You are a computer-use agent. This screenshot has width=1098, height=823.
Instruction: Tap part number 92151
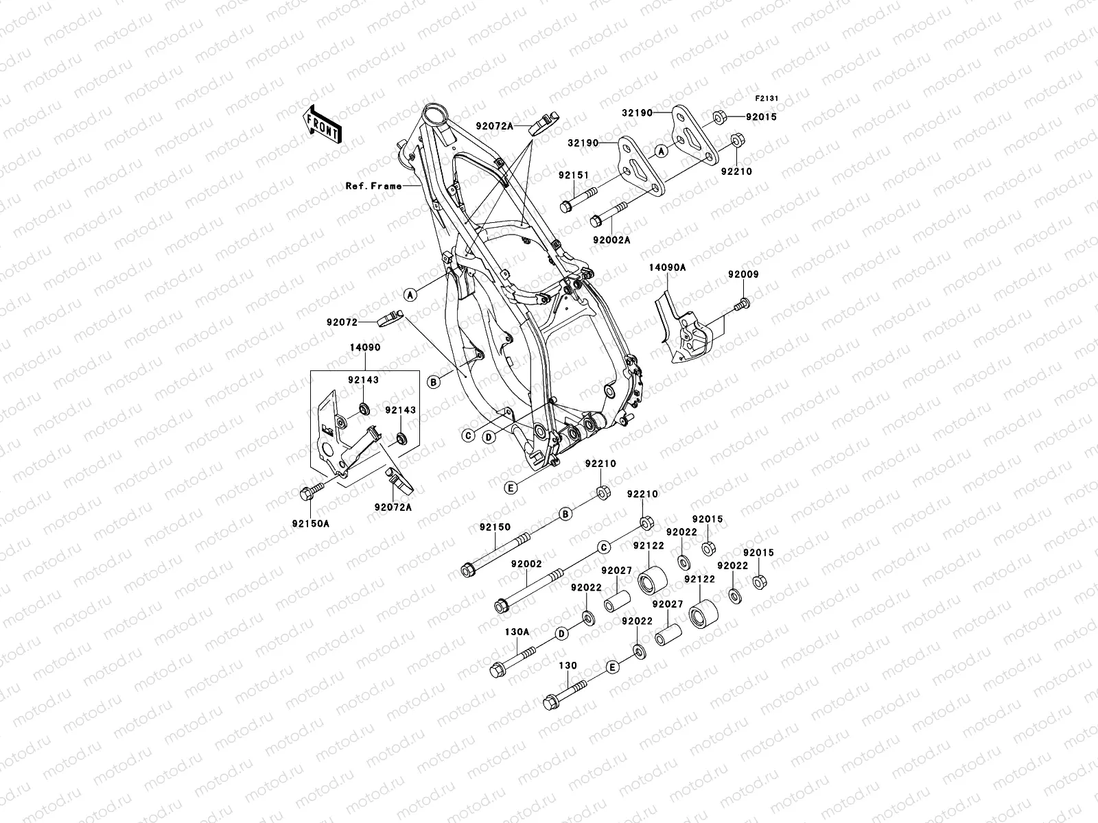[x=574, y=176]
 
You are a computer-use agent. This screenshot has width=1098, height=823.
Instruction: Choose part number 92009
[x=743, y=274]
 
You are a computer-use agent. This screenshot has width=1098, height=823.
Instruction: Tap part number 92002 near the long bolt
[x=526, y=564]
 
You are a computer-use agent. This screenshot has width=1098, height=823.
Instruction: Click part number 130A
[x=517, y=632]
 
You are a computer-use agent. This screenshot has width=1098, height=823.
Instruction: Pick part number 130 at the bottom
[x=568, y=666]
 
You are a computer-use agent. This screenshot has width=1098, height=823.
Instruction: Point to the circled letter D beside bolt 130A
[x=561, y=633]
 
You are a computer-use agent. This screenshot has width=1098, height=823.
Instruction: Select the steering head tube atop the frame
[x=434, y=112]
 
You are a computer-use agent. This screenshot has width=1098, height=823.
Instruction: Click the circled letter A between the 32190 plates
[x=660, y=152]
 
